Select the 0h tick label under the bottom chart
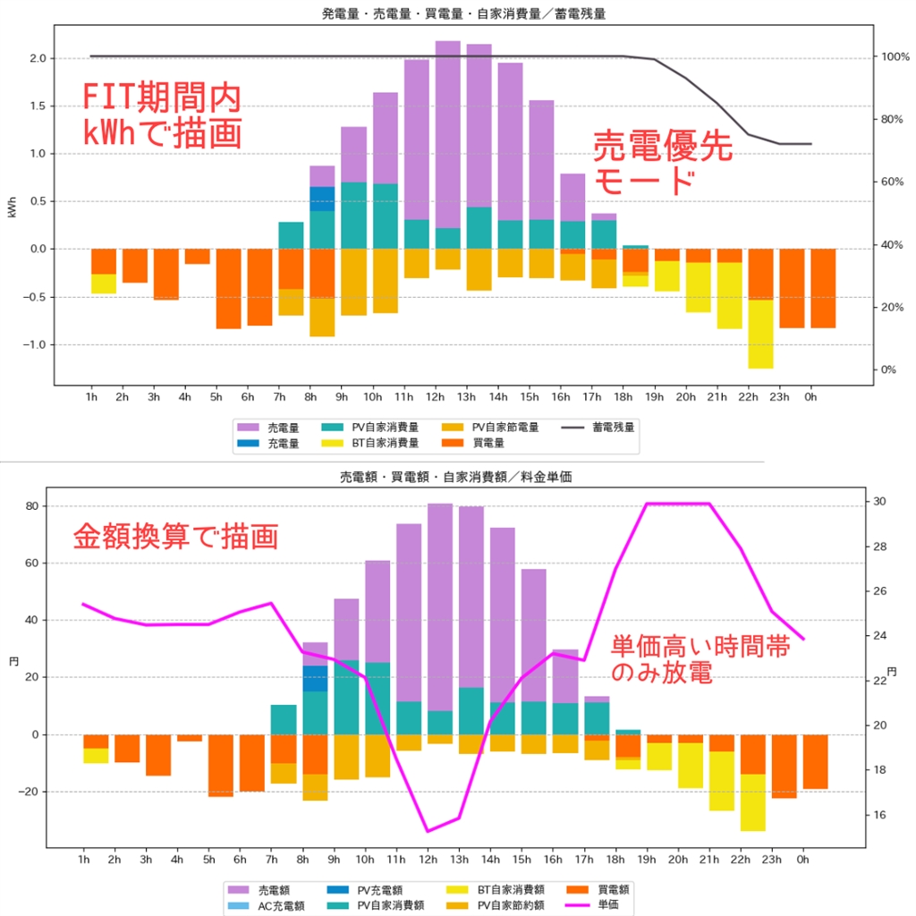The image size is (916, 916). point(802,860)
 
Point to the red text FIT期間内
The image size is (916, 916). point(161,97)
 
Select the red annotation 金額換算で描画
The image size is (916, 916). point(174,537)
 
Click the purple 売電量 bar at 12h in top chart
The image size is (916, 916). point(447,134)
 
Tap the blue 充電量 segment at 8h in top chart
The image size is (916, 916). point(322,199)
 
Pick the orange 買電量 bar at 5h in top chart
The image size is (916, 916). point(228,288)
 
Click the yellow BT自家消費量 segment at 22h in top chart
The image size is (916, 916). point(760,334)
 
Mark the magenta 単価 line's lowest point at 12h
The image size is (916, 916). point(428,831)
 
